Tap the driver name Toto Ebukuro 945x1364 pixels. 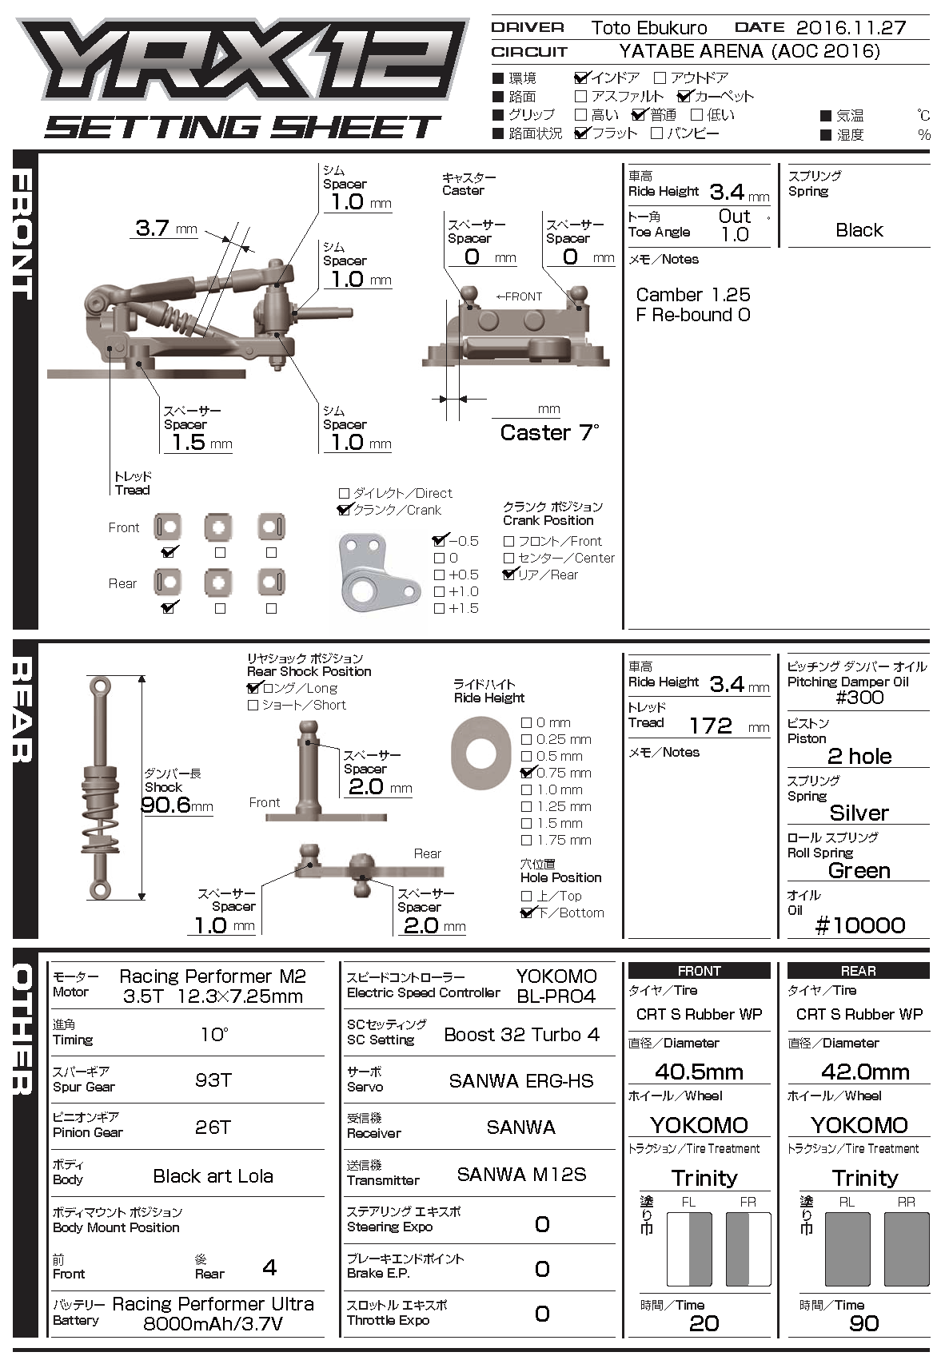pyautogui.click(x=648, y=28)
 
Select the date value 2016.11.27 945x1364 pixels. pyautogui.click(x=851, y=28)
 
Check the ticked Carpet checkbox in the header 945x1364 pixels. pyautogui.click(x=684, y=97)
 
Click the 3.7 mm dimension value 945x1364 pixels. pyautogui.click(x=152, y=228)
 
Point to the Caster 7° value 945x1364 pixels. pyautogui.click(x=549, y=433)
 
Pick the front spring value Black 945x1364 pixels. pyautogui.click(x=859, y=230)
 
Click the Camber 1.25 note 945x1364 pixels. pyautogui.click(x=692, y=295)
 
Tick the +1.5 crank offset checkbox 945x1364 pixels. pyautogui.click(x=439, y=609)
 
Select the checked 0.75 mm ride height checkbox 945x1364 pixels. pyautogui.click(x=526, y=773)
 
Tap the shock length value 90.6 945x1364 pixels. pyautogui.click(x=166, y=805)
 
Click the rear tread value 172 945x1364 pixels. pyautogui.click(x=710, y=726)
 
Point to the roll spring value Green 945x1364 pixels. pyautogui.click(x=859, y=870)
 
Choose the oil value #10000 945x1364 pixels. pyautogui.click(x=859, y=925)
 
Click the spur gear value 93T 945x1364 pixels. pyautogui.click(x=213, y=1080)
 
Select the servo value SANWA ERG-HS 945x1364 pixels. pyautogui.click(x=520, y=1081)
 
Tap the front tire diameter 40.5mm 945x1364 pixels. pyautogui.click(x=699, y=1072)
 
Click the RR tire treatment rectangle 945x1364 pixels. pyautogui.click(x=907, y=1249)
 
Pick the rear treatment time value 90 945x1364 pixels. pyautogui.click(x=863, y=1323)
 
